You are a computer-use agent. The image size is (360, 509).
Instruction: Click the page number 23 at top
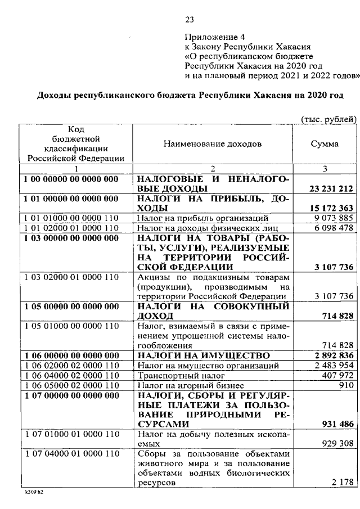189,20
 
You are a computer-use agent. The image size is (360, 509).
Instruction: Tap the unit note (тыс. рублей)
329,119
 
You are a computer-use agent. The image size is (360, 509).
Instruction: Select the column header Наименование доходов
213,144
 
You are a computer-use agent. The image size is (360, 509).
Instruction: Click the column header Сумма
325,144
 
